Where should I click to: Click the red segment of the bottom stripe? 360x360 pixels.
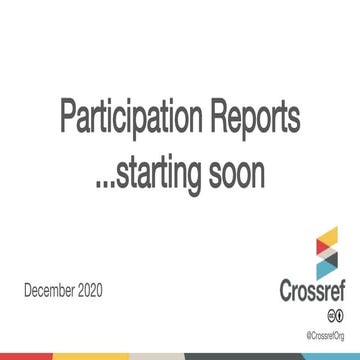click(26, 356)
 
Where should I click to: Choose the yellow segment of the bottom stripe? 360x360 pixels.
click(92, 356)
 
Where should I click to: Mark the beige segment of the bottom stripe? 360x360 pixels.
click(158, 356)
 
